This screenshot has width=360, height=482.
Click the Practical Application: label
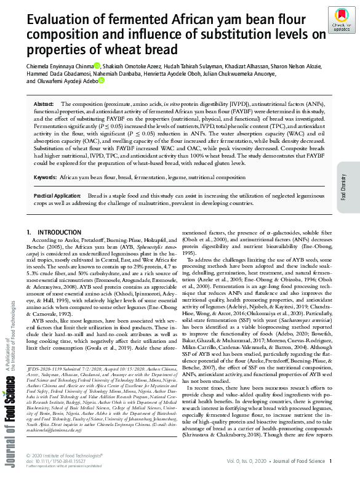[x=58, y=195]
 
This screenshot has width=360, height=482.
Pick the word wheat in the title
[x=122, y=49]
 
